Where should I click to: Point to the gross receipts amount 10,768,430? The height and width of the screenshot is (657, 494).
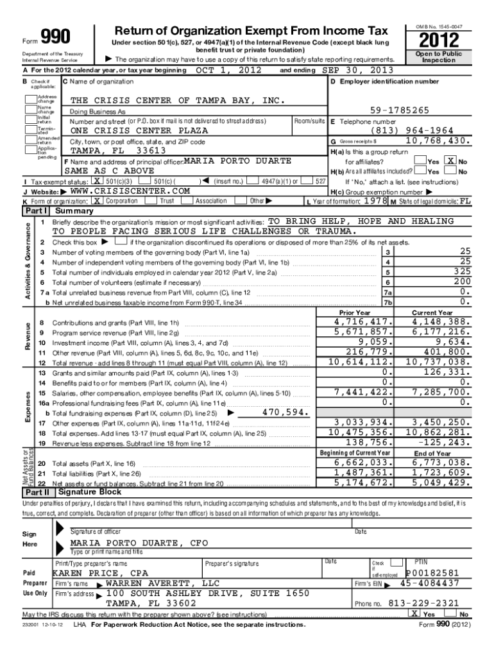coord(436,141)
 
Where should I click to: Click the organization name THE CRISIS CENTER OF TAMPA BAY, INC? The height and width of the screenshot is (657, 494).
coord(176,101)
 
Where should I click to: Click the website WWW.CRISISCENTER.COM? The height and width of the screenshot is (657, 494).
coord(130,191)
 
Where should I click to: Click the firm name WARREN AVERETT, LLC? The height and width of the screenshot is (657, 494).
coord(162,583)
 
